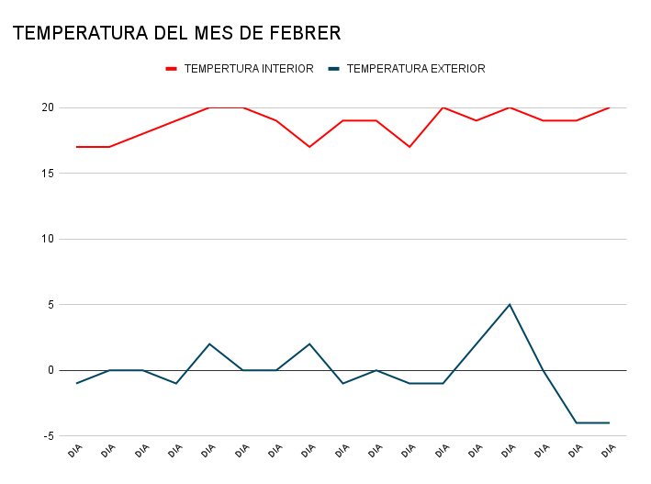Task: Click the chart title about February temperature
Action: click(x=176, y=34)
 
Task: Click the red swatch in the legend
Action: click(x=171, y=69)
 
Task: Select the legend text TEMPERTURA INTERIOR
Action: click(x=248, y=69)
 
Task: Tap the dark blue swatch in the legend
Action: click(x=334, y=69)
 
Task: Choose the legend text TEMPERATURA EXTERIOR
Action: click(x=416, y=69)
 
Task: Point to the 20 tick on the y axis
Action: click(x=48, y=107)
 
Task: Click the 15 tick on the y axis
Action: click(x=48, y=174)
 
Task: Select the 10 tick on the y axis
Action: click(x=48, y=239)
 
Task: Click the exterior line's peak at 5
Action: click(x=510, y=305)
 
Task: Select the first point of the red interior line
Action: click(x=76, y=147)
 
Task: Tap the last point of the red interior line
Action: click(x=609, y=107)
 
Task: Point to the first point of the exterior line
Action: click(x=76, y=383)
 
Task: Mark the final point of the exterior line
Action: click(x=609, y=422)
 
